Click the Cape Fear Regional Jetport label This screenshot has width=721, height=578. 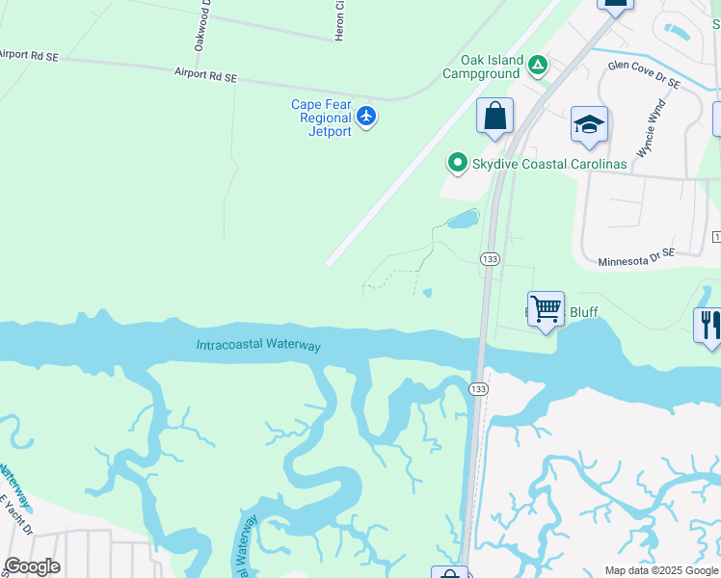(324, 118)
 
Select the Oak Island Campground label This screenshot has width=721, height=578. (483, 66)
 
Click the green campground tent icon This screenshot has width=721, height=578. (538, 66)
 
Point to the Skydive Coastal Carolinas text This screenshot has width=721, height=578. (549, 164)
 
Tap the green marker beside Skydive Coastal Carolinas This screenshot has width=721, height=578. (458, 163)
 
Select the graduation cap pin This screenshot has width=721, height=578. (589, 125)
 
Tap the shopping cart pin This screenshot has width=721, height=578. (546, 310)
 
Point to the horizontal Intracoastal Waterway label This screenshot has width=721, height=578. (258, 345)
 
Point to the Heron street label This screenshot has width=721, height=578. (339, 20)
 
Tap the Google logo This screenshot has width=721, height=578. (32, 566)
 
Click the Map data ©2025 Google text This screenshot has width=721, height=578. (661, 570)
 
